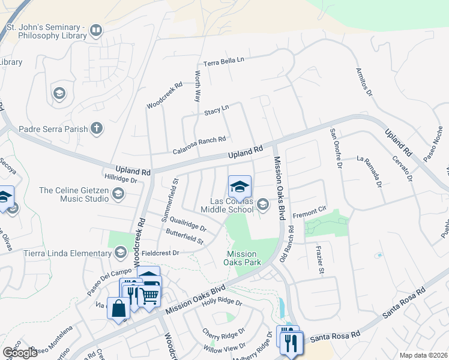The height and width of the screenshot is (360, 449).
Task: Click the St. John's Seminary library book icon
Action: coord(95,31)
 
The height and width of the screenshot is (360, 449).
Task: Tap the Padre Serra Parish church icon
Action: coord(96,128)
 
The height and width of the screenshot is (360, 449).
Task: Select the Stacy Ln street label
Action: coord(217,110)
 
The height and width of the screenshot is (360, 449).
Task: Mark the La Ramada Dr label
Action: coord(369,172)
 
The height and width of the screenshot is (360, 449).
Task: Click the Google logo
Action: coord(20,353)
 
